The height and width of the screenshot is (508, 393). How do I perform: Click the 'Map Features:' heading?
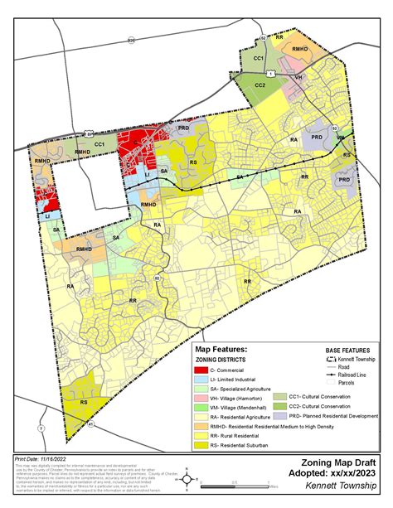point(223,351)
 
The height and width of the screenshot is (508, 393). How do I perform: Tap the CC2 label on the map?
point(260,85)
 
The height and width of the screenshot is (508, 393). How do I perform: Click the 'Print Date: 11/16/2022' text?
point(40,458)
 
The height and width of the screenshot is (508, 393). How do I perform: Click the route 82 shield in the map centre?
point(157,278)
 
